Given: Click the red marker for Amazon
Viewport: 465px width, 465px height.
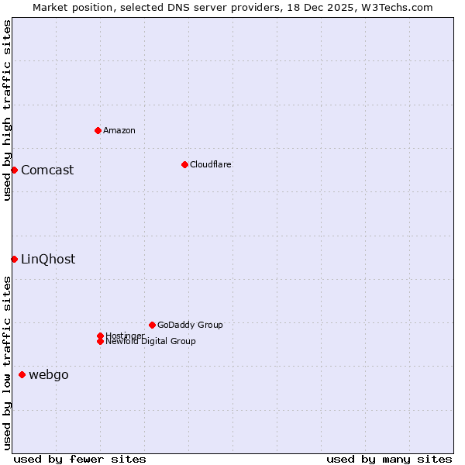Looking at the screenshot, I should (98, 130).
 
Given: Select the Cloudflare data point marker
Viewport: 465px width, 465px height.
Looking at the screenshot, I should (184, 164).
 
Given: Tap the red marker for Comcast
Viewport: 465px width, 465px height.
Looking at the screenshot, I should (14, 170).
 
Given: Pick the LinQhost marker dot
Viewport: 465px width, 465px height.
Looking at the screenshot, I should (14, 259).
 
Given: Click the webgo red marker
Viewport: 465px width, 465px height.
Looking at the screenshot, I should (22, 375).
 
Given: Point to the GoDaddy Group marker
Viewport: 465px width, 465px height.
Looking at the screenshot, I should (152, 325).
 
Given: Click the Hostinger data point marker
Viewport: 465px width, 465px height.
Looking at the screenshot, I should (100, 336).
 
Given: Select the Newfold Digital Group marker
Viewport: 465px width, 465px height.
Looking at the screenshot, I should (100, 341).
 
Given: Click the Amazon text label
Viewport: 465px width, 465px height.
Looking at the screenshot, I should (119, 130).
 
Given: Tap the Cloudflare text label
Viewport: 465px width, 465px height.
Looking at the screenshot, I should (211, 164).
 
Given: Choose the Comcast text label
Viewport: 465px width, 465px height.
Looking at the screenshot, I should (47, 170).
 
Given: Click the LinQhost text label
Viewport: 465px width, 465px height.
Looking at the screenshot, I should (48, 259).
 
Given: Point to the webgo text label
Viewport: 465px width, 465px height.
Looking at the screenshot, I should (49, 375).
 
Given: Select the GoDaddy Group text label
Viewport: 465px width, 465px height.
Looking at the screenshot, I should (190, 325).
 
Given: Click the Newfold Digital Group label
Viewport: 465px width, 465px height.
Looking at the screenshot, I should (151, 342).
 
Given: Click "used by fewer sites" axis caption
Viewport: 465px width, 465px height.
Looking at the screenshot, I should (80, 459).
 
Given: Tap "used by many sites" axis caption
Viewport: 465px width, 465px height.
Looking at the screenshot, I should (389, 459).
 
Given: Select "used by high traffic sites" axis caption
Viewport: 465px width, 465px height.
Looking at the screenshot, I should (7, 110).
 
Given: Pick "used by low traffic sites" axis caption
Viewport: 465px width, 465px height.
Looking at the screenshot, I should (7, 362).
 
